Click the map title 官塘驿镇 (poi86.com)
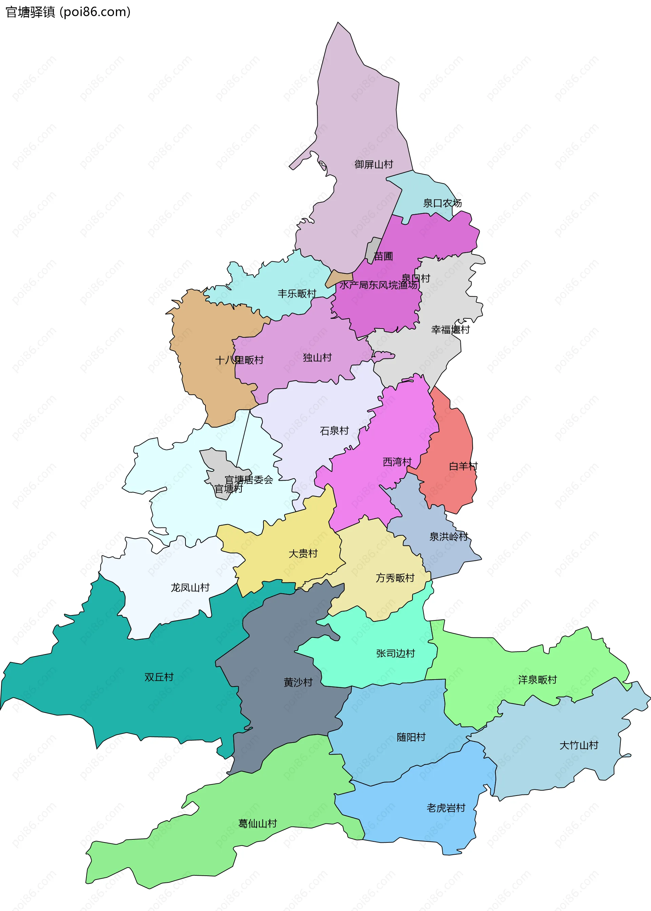pyautogui.click(x=68, y=12)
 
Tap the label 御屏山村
pyautogui.click(x=374, y=165)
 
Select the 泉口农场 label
pyautogui.click(x=442, y=203)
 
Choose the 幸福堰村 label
pyautogui.click(x=450, y=330)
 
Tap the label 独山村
pyautogui.click(x=317, y=357)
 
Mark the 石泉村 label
pyautogui.click(x=334, y=431)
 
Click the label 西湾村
pyautogui.click(x=397, y=462)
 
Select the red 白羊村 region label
pyautogui.click(x=463, y=466)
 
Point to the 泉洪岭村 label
pyautogui.click(x=449, y=537)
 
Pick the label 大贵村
pyautogui.click(x=303, y=554)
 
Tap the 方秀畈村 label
pyautogui.click(x=395, y=578)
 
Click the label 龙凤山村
pyautogui.click(x=190, y=588)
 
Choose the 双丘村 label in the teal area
pyautogui.click(x=159, y=677)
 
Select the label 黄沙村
pyautogui.click(x=298, y=683)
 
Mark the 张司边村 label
pyautogui.click(x=395, y=654)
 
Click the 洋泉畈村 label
pyautogui.click(x=537, y=680)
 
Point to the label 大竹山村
pyautogui.click(x=578, y=746)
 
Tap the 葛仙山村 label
pyautogui.click(x=257, y=824)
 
